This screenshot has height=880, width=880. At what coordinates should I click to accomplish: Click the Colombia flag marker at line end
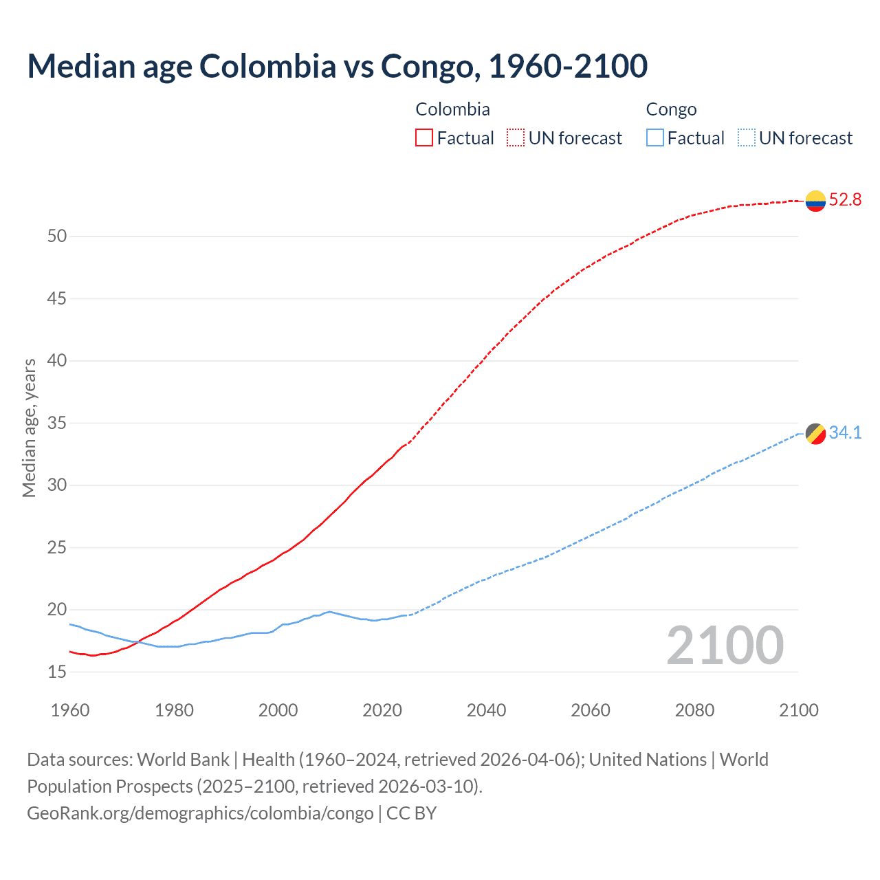point(815,201)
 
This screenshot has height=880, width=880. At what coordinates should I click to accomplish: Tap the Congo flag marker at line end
point(815,434)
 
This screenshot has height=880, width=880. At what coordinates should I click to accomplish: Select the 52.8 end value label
point(845,200)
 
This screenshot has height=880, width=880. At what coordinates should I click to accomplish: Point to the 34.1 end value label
point(845,432)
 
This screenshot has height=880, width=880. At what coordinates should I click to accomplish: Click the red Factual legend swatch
point(424,138)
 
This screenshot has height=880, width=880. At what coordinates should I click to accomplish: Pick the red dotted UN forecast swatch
point(516,138)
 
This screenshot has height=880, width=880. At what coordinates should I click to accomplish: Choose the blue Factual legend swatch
point(655,138)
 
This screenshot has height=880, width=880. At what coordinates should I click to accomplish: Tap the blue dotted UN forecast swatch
point(746,138)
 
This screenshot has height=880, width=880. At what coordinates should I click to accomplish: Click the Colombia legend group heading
point(452,109)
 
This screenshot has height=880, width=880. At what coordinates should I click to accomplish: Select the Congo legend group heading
point(671,109)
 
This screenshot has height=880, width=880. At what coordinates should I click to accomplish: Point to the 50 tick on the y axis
point(57,236)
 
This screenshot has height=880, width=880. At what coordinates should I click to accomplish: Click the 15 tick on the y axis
point(57,672)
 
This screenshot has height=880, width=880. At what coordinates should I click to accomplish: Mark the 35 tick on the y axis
point(57,423)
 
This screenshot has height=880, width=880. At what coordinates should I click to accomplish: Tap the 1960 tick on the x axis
point(70,710)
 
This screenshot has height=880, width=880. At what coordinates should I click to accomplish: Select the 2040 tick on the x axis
point(486,710)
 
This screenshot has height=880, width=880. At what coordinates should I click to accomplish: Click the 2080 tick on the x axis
point(694,710)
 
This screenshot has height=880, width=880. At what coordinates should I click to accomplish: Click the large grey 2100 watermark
point(725,646)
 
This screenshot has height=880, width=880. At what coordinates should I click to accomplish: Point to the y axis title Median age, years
point(29,428)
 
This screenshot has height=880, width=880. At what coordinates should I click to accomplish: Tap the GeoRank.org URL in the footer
point(200,813)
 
